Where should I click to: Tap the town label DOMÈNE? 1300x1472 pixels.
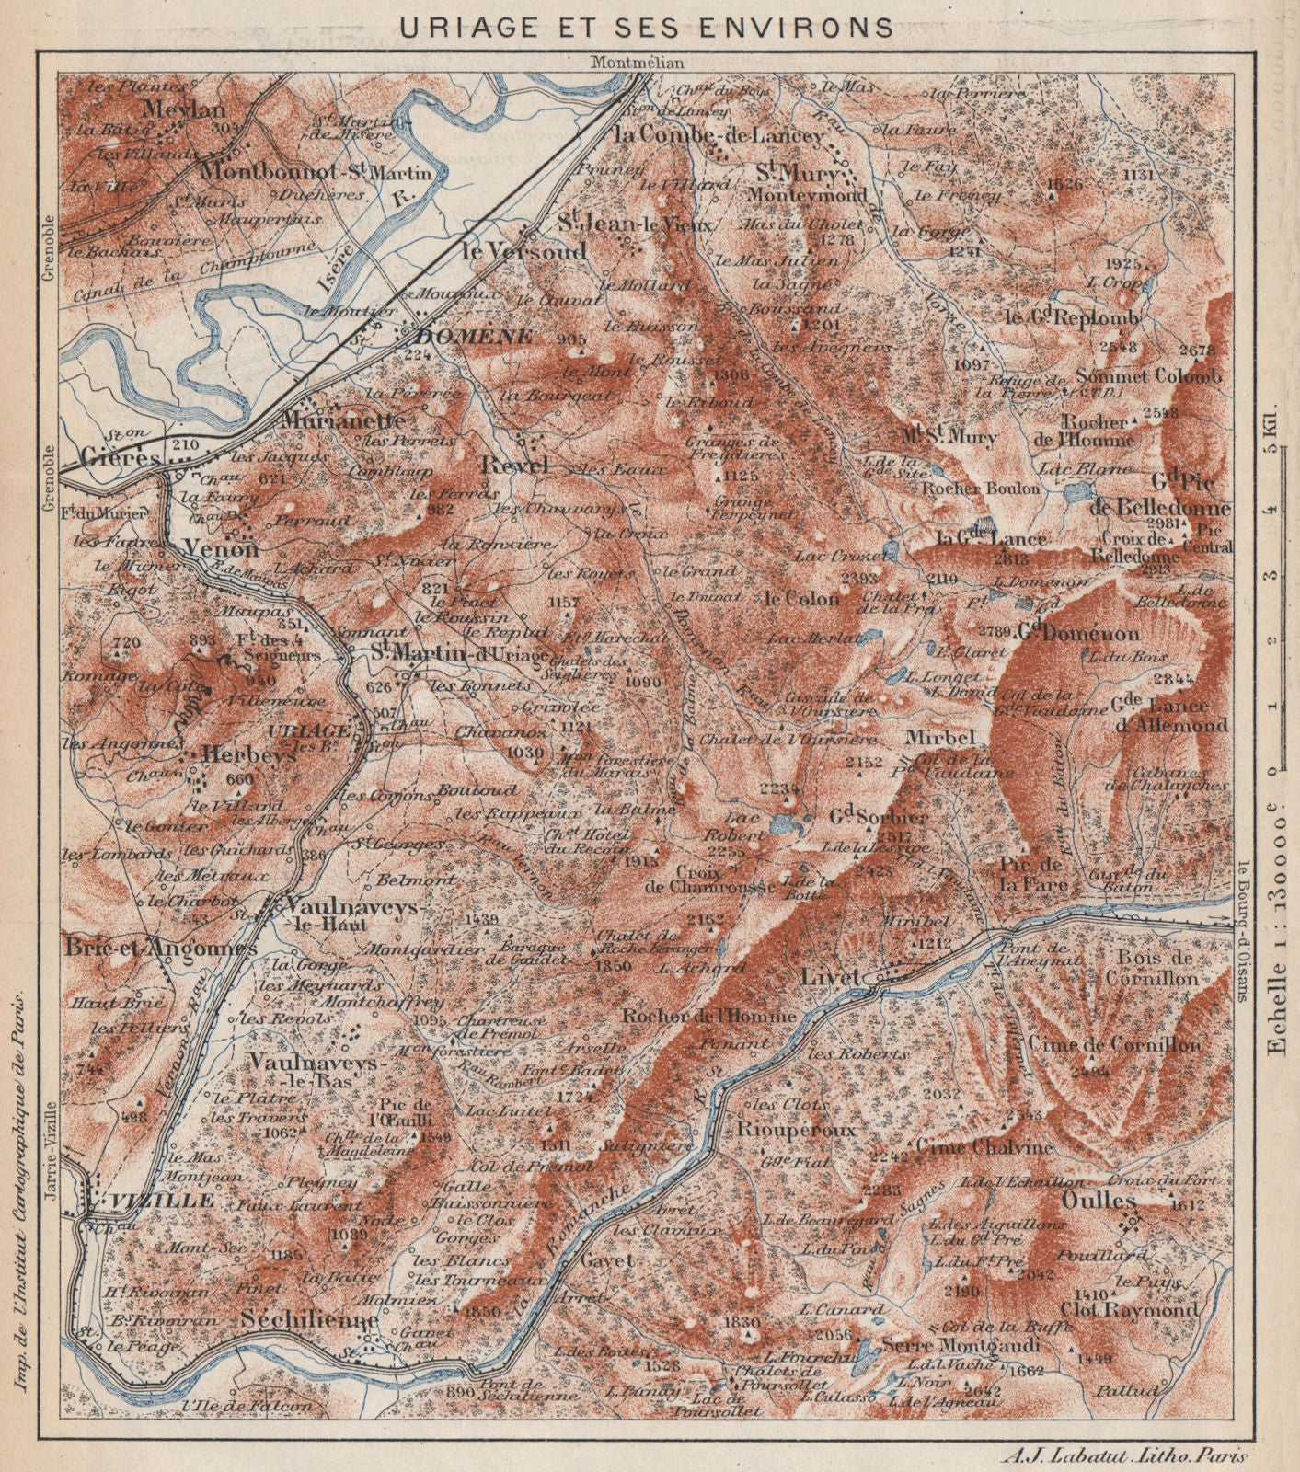(x=474, y=337)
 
